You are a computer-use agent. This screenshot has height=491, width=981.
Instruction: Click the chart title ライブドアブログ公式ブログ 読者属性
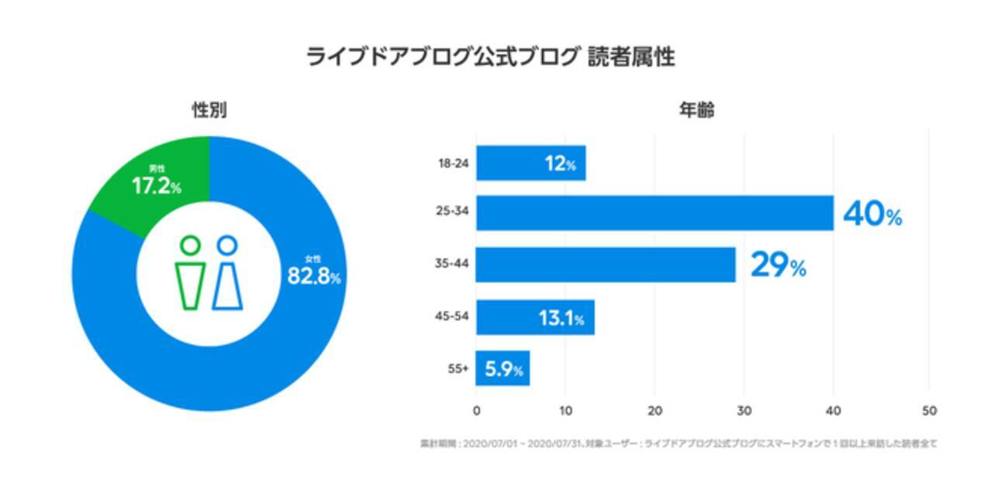tap(490, 58)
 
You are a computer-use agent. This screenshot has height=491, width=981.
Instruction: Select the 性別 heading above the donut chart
tap(209, 110)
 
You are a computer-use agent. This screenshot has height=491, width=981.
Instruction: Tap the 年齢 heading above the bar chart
tap(696, 110)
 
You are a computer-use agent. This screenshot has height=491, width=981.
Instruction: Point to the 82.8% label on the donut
tap(313, 276)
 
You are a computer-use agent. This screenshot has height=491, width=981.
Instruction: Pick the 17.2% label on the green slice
tap(156, 187)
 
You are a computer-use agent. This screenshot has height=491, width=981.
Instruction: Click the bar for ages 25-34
tap(654, 213)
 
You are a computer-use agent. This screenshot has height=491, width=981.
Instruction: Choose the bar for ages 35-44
tap(605, 265)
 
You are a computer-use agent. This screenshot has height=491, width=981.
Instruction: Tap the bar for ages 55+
tap(503, 368)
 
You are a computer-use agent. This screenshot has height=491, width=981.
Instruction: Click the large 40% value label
tap(872, 215)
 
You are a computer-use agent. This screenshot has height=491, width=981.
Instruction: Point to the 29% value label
tap(778, 266)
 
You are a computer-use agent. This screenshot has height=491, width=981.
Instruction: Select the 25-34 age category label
tap(453, 214)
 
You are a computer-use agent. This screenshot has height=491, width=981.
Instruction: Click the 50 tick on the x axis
tap(927, 410)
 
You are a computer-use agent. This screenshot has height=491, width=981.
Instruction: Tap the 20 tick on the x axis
tap(655, 410)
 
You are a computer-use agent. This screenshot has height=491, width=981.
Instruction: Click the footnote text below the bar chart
tap(679, 444)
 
